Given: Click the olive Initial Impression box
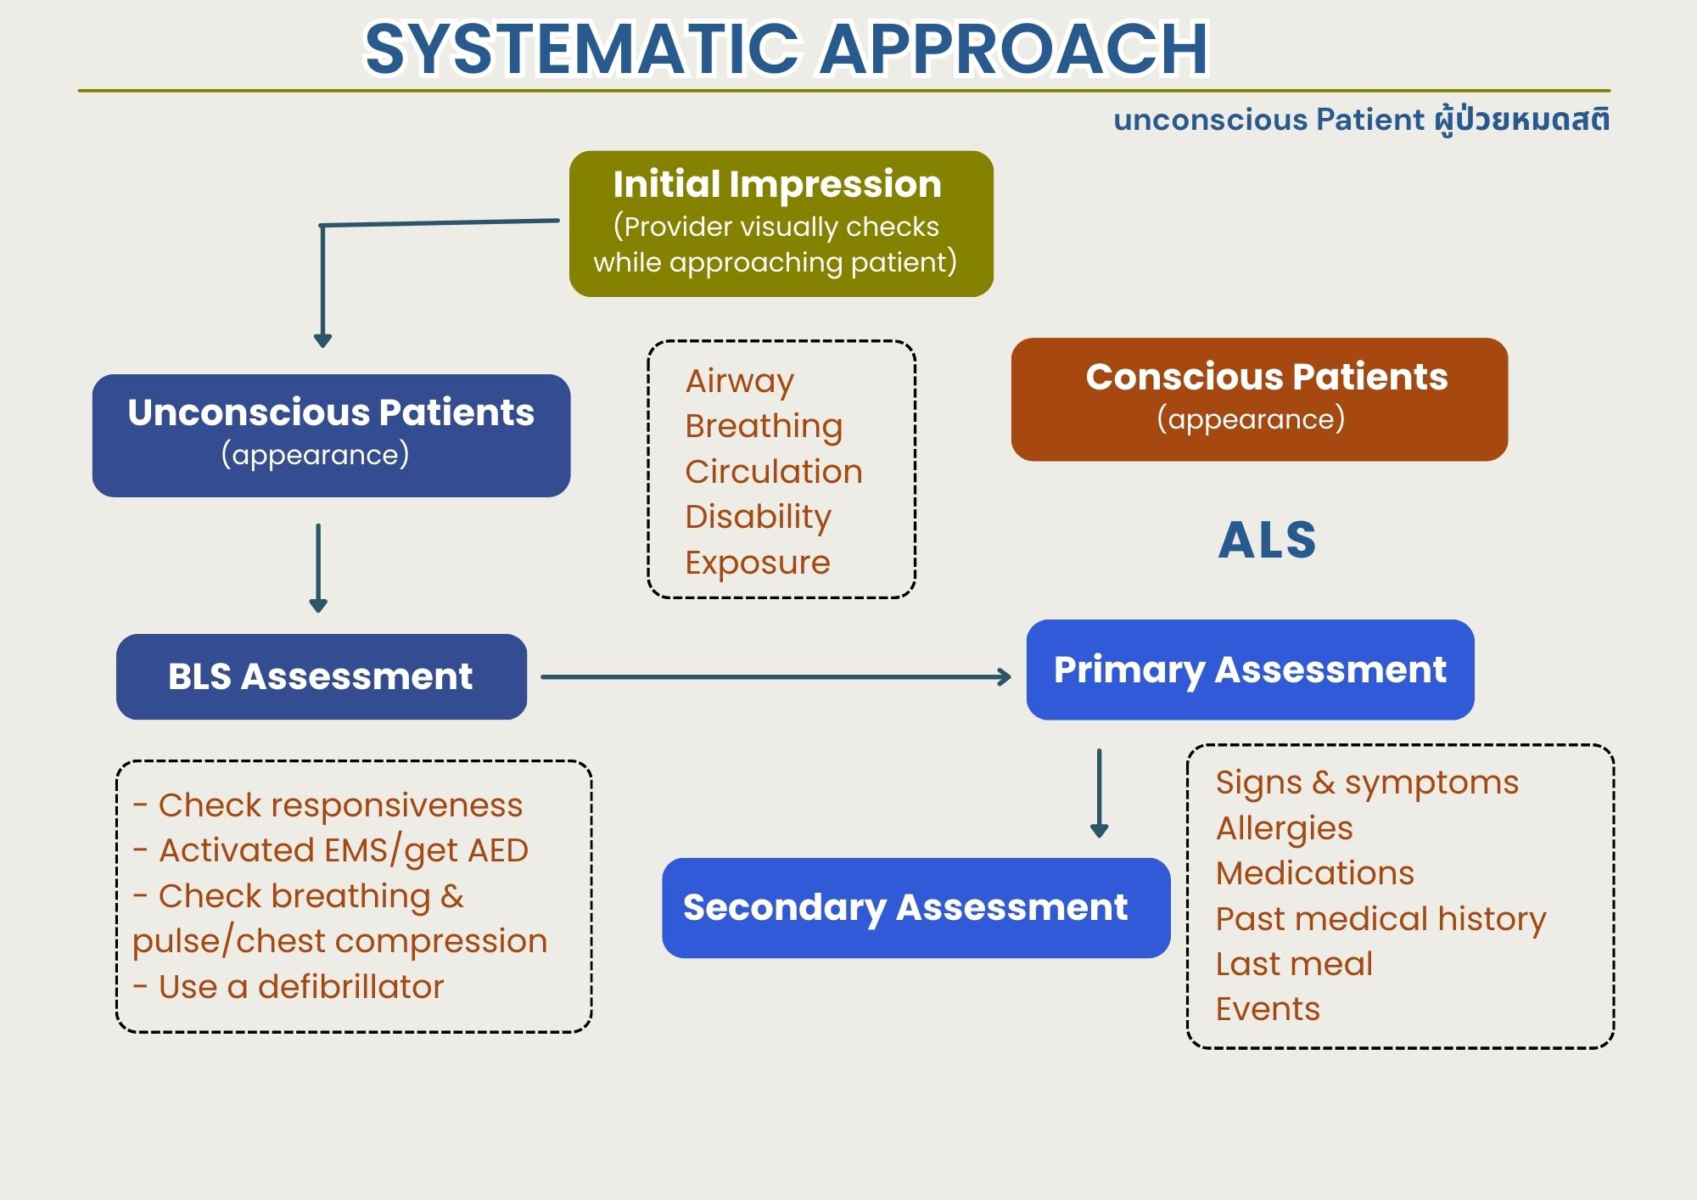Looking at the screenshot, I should [x=781, y=223].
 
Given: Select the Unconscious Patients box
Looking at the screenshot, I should [x=331, y=435].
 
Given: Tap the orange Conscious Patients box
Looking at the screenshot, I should [x=1259, y=399].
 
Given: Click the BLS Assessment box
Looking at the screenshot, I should [x=321, y=676].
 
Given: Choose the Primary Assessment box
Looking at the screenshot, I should [x=1250, y=670].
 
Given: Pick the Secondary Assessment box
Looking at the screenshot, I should [x=915, y=907].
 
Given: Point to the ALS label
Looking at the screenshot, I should [x=1267, y=541].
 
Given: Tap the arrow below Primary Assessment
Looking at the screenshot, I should [x=1099, y=793].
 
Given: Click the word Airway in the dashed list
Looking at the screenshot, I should [x=739, y=381].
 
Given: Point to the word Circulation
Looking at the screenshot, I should [x=773, y=472].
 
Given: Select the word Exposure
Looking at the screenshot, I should [x=757, y=563].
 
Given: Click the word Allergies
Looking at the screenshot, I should [x=1284, y=828].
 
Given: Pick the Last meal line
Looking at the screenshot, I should [x=1293, y=964].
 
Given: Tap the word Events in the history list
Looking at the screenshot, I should [x=1267, y=1009].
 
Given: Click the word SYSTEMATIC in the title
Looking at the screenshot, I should [x=581, y=48].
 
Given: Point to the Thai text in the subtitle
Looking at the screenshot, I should [x=1522, y=120].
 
